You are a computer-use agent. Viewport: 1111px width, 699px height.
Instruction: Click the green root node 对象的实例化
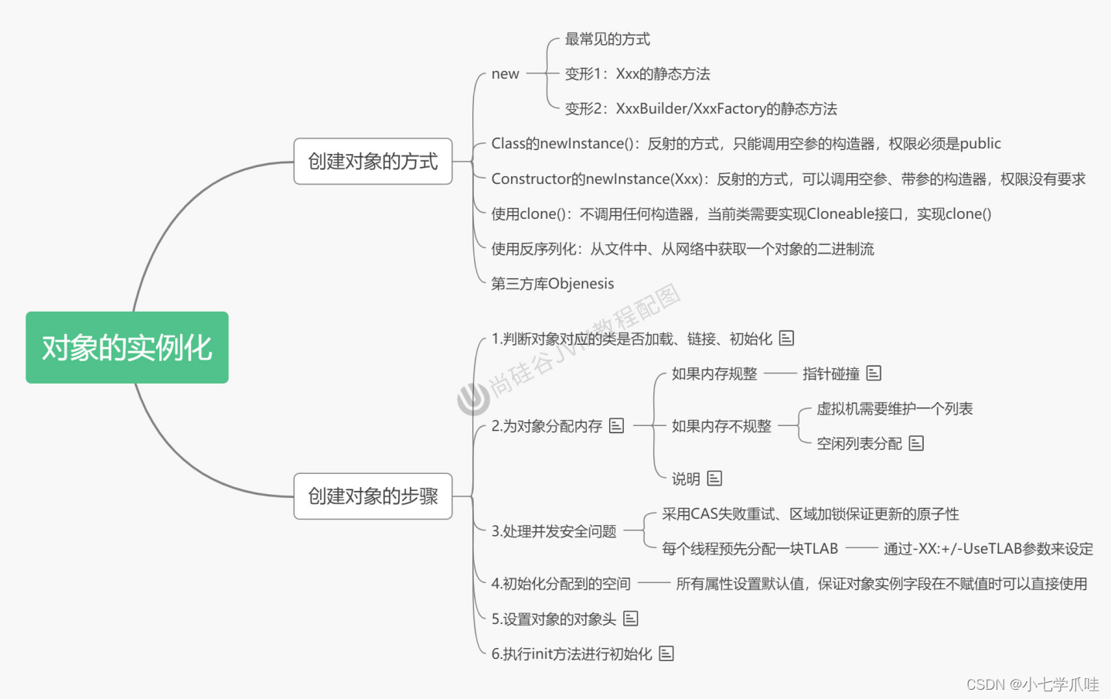pos(127,348)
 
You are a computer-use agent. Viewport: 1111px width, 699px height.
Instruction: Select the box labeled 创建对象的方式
pos(373,162)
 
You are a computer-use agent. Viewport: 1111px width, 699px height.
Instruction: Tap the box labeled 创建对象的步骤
pos(373,496)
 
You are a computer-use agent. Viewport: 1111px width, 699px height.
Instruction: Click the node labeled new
pos(505,74)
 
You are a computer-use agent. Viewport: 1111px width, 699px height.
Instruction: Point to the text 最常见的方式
pos(607,39)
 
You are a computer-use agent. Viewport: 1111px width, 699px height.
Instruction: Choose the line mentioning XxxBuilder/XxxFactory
pos(700,109)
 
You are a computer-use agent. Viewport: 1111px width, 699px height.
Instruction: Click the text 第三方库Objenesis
pos(552,284)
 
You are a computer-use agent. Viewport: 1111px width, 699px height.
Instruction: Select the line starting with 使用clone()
pos(741,214)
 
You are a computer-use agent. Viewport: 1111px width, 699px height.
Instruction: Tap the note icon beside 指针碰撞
pos(874,373)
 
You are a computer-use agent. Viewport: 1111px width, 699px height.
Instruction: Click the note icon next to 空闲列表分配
pos(916,443)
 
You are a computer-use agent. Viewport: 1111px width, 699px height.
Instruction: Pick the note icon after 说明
pos(714,479)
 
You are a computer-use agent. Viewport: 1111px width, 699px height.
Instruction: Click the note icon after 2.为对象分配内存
pos(616,425)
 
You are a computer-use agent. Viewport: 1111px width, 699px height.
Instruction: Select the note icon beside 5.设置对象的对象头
pos(631,619)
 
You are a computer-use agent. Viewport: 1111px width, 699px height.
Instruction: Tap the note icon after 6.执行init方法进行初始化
pos(666,653)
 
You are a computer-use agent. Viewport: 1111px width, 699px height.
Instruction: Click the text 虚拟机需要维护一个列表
pos(895,409)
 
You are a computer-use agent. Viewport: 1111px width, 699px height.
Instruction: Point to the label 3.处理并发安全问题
pos(554,531)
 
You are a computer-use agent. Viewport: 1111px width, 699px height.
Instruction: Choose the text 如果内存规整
pos(714,374)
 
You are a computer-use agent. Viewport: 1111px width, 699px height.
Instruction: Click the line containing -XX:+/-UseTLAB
pos(988,549)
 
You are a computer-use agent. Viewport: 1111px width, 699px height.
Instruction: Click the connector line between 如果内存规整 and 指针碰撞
pos(780,373)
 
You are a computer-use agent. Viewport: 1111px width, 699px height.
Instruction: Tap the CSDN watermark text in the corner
pos(1032,684)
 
